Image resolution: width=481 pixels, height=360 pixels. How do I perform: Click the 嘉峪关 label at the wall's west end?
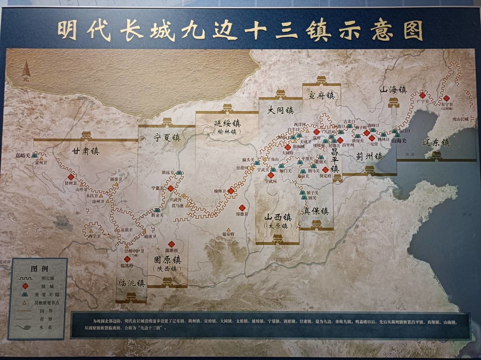click(x=23, y=155)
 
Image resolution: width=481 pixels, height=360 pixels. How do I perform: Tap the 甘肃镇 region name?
click(x=86, y=151)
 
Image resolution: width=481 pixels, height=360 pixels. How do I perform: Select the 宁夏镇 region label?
click(x=167, y=137)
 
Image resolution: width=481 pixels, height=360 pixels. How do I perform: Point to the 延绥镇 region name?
click(x=227, y=123)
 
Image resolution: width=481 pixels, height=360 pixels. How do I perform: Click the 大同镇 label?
click(x=281, y=110)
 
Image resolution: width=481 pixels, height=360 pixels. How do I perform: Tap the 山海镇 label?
click(x=394, y=90)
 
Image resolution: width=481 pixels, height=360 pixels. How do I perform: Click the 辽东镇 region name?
click(x=436, y=143)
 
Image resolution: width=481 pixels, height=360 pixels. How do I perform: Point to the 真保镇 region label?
click(x=316, y=211)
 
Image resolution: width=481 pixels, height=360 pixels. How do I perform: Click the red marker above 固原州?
click(x=172, y=244)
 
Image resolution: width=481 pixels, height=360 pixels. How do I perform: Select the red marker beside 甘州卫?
click(x=71, y=178)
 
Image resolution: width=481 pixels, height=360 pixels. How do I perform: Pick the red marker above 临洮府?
click(x=126, y=260)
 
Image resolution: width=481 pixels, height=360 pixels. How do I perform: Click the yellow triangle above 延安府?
click(x=228, y=229)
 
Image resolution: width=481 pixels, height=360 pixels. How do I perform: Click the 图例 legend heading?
click(x=39, y=269)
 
